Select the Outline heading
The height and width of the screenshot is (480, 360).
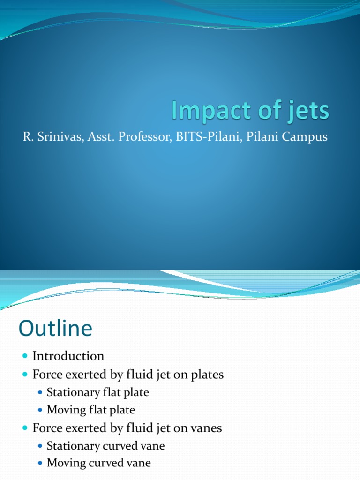click(x=56, y=328)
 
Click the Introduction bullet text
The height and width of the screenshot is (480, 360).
click(x=68, y=356)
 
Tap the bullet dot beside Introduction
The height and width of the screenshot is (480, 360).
click(x=25, y=356)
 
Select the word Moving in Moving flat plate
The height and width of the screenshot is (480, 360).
click(x=66, y=410)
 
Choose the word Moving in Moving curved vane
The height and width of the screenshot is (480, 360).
click(x=66, y=463)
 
